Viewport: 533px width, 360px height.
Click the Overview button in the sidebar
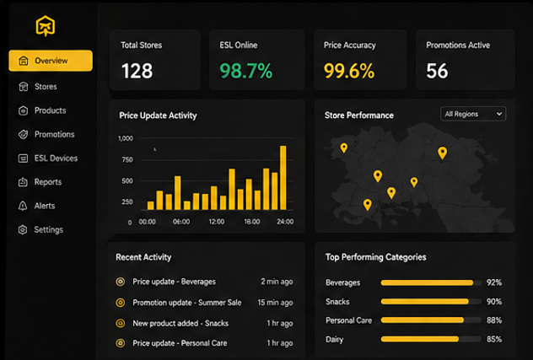(51, 61)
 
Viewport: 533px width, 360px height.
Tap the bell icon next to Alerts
(23, 206)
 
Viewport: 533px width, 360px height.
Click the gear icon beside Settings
(23, 230)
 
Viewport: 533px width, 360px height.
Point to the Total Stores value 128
(137, 71)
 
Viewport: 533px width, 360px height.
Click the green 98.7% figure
(246, 71)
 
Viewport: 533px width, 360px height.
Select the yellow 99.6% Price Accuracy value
(349, 71)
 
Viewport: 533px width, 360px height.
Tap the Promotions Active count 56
(437, 71)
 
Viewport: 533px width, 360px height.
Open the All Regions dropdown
(473, 114)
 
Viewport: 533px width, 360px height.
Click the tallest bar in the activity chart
(283, 178)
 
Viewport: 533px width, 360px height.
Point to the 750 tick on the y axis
(127, 160)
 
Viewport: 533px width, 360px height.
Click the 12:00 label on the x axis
(217, 222)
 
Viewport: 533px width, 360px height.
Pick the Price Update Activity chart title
(158, 116)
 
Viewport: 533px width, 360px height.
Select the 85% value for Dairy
(494, 339)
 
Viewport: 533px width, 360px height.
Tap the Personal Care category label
(349, 320)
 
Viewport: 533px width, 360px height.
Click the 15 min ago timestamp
(275, 303)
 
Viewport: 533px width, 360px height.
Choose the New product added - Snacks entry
(180, 323)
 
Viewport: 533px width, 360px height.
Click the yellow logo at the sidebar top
(46, 26)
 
